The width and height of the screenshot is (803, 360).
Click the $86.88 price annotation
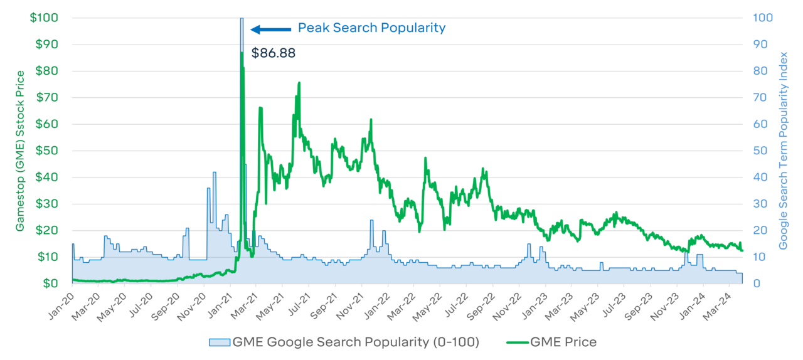click(273, 53)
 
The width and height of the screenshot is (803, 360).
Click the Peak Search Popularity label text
click(371, 28)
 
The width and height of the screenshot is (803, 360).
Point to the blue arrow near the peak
click(271, 29)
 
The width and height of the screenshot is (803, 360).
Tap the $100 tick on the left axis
click(45, 18)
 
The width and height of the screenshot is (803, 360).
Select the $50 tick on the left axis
click(47, 151)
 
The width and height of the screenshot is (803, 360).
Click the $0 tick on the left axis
click(52, 283)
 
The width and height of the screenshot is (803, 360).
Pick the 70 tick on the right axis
click(758, 97)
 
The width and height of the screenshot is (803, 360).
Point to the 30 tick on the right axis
click(758, 204)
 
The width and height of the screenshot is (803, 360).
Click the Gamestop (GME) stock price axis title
click(21, 151)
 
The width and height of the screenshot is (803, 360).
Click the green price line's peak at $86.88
click(242, 53)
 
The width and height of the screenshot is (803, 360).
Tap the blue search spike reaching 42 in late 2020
click(215, 173)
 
